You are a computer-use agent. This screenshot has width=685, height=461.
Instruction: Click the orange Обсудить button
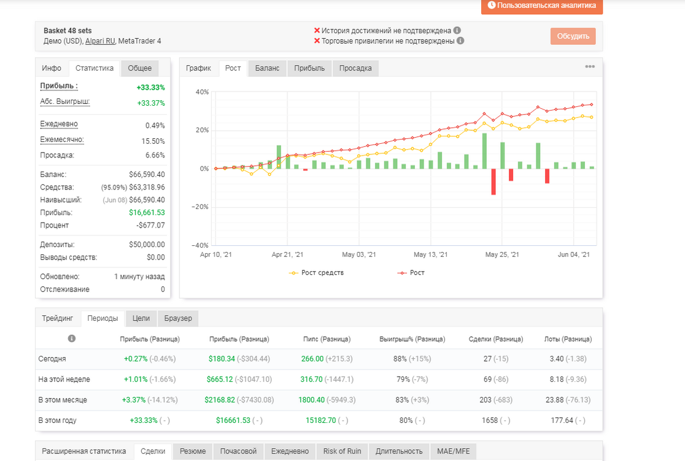573,36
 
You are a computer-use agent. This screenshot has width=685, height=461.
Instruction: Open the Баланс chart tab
267,68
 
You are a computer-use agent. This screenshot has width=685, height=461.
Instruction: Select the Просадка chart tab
355,68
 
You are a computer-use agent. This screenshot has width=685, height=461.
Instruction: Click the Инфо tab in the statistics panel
52,68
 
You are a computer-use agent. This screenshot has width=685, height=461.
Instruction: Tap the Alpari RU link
100,41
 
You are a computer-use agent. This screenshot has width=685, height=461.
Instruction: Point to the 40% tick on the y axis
203,92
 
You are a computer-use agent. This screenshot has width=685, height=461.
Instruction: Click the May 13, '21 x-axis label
430,254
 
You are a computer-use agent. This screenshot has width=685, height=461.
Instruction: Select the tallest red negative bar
493,181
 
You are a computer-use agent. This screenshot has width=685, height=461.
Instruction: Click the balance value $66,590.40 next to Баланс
147,175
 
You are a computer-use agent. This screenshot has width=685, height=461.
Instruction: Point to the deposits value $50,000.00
147,245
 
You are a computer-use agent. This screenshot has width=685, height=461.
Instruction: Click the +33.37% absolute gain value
151,103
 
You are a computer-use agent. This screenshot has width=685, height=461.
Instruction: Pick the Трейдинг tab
57,318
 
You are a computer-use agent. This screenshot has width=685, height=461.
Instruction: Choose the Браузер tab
178,318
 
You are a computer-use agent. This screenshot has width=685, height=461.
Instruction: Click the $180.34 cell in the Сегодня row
222,358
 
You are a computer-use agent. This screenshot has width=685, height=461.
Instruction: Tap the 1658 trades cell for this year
490,420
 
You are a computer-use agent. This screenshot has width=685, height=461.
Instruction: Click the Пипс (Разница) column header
327,339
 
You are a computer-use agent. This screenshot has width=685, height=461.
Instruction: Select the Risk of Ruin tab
342,451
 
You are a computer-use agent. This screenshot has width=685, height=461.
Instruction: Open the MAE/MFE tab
454,451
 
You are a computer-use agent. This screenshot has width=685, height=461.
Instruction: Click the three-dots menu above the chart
590,66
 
